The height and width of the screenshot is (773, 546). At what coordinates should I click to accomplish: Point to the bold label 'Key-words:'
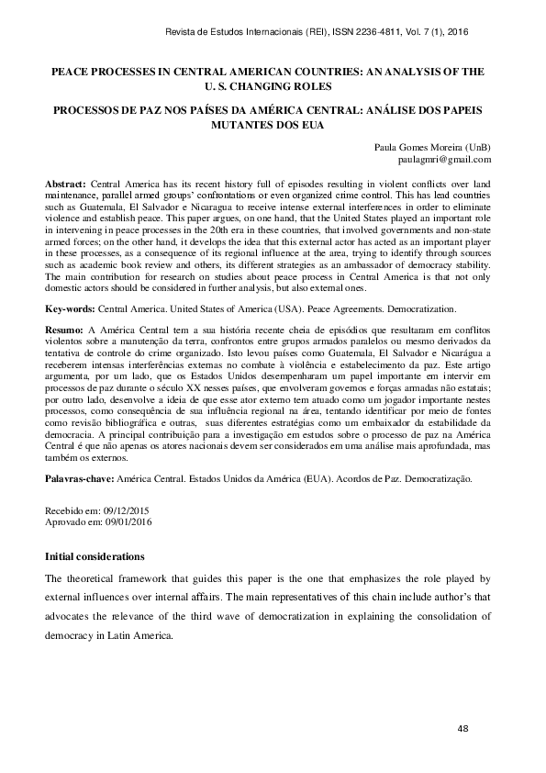point(70,310)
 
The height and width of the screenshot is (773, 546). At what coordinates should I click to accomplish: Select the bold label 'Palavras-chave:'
point(78,479)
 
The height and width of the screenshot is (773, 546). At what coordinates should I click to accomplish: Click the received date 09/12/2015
point(128,510)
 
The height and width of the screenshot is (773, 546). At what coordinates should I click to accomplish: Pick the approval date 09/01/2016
point(128,521)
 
